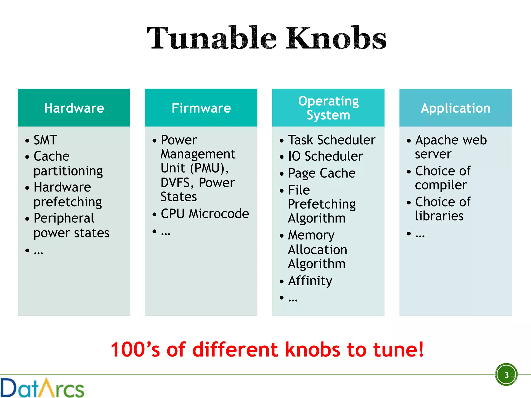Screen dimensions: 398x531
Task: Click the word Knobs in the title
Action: pyautogui.click(x=336, y=38)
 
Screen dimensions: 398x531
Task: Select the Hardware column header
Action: pyautogui.click(x=74, y=108)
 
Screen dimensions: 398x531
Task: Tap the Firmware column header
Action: pyautogui.click(x=201, y=108)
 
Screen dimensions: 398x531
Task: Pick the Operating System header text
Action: pyautogui.click(x=328, y=108)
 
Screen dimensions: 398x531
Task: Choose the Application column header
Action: pyautogui.click(x=456, y=108)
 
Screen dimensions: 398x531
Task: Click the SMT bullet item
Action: pyautogui.click(x=45, y=140)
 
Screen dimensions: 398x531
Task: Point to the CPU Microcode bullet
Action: pyautogui.click(x=205, y=214)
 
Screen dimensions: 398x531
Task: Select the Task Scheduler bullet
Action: pyautogui.click(x=332, y=140)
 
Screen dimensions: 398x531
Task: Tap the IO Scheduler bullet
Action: pyautogui.click(x=325, y=156)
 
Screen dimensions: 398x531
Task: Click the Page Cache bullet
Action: pyautogui.click(x=322, y=173)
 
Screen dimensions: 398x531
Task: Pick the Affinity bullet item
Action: pyautogui.click(x=310, y=281)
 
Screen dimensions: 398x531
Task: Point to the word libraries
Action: pyautogui.click(x=439, y=216)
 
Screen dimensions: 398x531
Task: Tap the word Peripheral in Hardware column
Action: pyautogui.click(x=64, y=218)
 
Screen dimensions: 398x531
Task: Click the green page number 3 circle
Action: pyautogui.click(x=506, y=375)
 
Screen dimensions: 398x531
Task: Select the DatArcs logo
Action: pyautogui.click(x=42, y=388)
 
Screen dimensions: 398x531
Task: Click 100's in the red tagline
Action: pyautogui.click(x=135, y=350)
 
